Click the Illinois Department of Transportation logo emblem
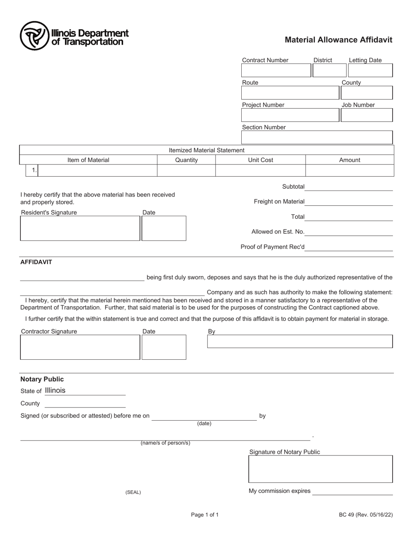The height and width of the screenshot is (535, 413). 34,36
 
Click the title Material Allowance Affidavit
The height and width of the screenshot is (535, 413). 338,40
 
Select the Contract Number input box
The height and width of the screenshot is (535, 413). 276,70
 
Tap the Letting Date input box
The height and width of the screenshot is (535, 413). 370,70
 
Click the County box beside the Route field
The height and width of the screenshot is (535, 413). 366,93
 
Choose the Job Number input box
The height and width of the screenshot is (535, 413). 366,115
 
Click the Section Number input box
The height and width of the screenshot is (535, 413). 317,137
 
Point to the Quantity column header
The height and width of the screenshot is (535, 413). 187,160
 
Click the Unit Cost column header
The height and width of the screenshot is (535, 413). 260,160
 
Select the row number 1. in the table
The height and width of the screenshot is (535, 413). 34,171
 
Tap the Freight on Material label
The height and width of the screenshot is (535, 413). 279,201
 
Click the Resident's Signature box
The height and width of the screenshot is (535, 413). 80,228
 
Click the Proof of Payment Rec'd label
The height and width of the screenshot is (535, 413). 273,247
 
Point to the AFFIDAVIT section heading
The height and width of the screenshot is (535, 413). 36,262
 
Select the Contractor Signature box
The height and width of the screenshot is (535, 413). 80,347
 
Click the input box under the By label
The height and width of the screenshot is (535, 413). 300,341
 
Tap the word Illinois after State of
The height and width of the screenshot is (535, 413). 55,391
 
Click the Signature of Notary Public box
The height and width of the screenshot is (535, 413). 320,469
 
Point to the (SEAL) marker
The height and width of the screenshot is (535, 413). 133,492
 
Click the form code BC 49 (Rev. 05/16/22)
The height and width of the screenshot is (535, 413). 366,515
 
